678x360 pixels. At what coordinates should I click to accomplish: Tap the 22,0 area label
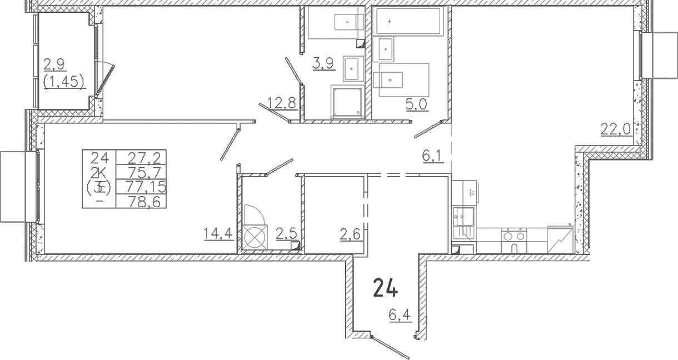click(615, 130)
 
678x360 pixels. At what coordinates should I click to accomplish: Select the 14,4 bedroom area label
click(218, 233)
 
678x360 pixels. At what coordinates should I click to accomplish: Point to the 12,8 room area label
click(282, 103)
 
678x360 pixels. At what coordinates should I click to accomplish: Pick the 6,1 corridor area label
click(432, 157)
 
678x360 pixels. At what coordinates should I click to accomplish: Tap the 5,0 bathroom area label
click(416, 104)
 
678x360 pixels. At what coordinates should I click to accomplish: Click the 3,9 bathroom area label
click(323, 63)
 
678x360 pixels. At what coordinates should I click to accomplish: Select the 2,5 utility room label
click(286, 234)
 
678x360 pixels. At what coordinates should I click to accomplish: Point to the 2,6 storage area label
click(350, 234)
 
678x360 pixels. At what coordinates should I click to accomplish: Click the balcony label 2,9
click(54, 64)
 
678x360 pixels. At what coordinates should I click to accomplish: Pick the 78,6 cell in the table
click(144, 202)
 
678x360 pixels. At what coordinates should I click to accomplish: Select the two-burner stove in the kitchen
click(514, 241)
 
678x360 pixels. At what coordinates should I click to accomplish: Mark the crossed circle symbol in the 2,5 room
click(255, 237)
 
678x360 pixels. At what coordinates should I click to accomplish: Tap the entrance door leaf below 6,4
click(390, 348)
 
